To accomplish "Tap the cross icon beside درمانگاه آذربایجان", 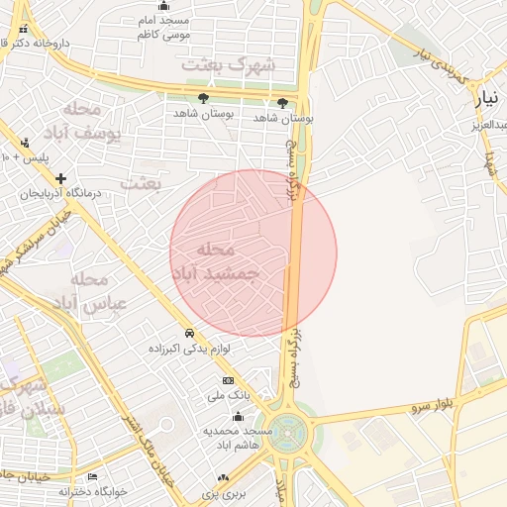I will pos(60,178).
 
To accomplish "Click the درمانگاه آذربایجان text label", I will pos(62,193).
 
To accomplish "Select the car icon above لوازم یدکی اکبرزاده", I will pos(188,333).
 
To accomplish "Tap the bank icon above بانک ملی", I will pos(228,380).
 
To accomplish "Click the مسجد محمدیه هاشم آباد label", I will pos(238,438).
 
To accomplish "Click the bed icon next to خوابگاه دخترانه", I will pos(92,476).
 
